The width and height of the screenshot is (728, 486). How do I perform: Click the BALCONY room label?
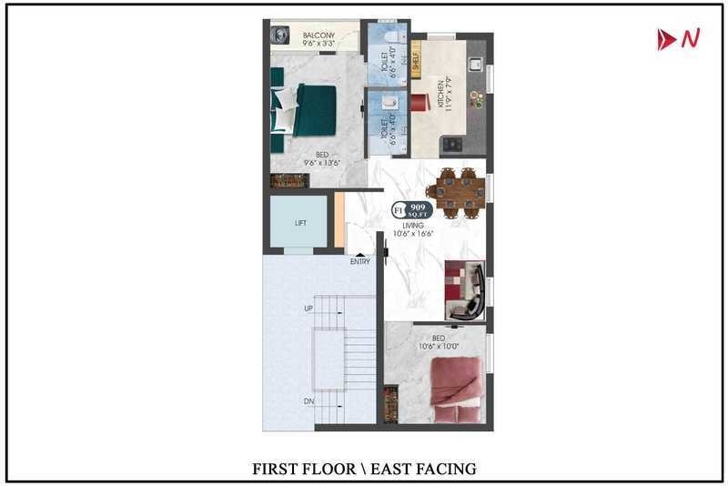[318, 35]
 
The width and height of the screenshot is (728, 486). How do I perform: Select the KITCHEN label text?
[440, 94]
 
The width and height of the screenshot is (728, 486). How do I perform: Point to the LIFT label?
[300, 223]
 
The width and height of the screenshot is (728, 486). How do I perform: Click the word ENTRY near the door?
[360, 262]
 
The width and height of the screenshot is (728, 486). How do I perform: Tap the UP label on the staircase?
[308, 309]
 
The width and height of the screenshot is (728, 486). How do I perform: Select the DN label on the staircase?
[308, 400]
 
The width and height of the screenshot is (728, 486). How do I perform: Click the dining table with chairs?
[460, 191]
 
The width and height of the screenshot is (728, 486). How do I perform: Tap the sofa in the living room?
[465, 290]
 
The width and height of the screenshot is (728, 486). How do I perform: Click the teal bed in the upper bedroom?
[302, 109]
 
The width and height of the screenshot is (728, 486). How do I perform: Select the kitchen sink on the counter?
[474, 64]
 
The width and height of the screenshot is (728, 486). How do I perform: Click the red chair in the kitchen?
[419, 102]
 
